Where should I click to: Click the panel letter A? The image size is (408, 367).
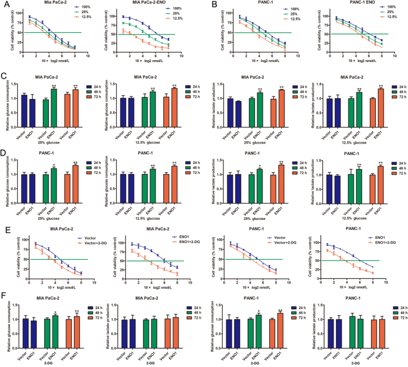click(5, 5)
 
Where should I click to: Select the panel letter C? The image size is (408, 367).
click(5, 77)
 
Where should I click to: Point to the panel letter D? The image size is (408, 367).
click(5, 153)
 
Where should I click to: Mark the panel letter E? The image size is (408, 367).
click(5, 229)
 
